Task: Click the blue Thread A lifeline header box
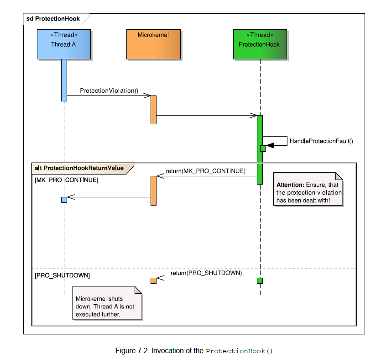64,44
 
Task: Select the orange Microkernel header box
154,44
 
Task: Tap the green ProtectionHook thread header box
260,44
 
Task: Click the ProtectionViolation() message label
109,91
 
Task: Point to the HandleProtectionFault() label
321,141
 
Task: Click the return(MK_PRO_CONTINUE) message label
206,171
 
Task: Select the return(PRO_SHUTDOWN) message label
206,273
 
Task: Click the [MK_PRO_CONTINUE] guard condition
66,180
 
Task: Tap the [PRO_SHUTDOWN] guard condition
62,275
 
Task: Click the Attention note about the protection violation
308,189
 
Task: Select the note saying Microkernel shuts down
107,303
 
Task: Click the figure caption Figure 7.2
194,351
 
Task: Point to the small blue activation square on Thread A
64,200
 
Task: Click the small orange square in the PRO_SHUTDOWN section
154,281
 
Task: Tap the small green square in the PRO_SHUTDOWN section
260,281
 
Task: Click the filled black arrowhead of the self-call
270,145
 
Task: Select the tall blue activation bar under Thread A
64,80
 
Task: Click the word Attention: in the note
290,185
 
